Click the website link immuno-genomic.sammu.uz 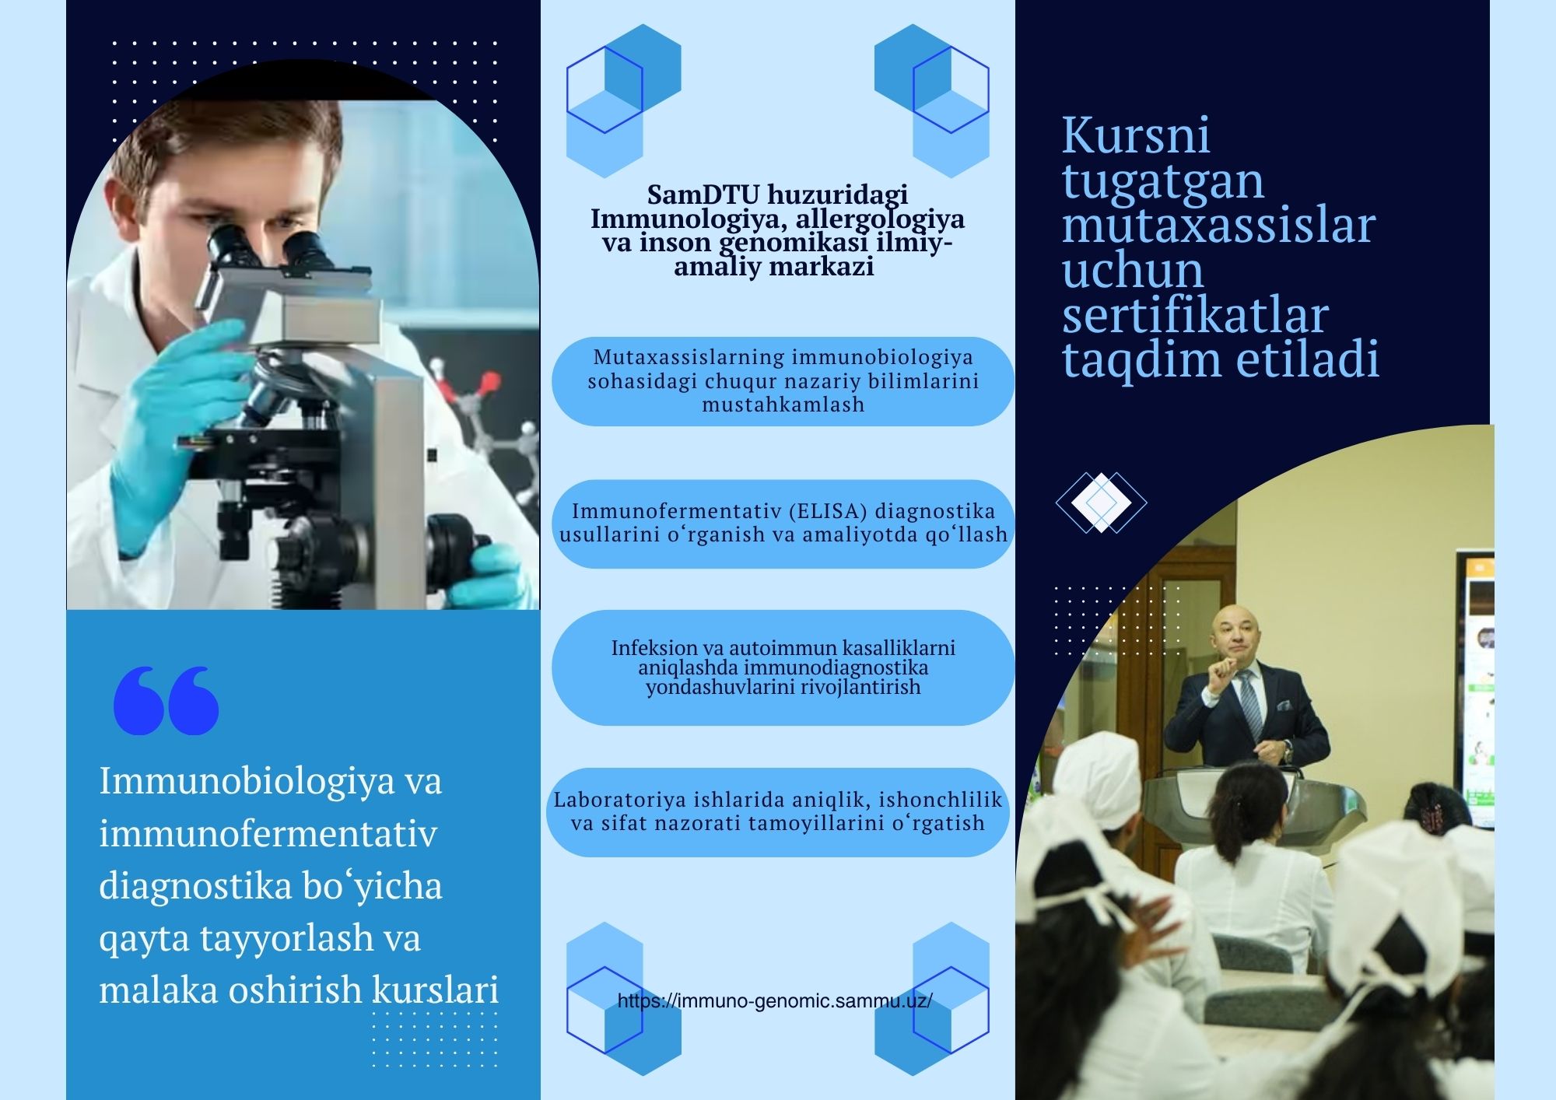(775, 1001)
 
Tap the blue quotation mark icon (166, 700)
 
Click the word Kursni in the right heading (1136, 135)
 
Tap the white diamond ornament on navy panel (1101, 503)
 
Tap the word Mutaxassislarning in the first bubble (689, 357)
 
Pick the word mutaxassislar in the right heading (1219, 226)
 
